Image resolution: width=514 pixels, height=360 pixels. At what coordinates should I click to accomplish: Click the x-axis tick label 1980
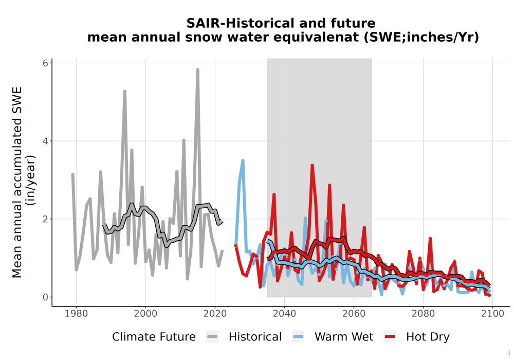click(76, 314)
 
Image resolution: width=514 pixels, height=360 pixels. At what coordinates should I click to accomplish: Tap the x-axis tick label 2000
click(145, 314)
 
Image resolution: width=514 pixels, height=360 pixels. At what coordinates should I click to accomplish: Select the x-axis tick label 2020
click(215, 314)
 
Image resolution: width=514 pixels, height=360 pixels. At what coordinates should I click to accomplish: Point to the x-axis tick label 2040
click(284, 314)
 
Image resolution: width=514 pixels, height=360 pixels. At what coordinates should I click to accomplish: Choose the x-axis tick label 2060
click(354, 314)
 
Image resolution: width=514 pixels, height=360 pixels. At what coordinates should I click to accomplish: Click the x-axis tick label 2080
click(423, 314)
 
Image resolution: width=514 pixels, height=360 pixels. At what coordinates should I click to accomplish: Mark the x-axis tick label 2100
click(492, 314)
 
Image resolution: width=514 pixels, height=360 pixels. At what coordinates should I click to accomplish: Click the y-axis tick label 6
click(46, 63)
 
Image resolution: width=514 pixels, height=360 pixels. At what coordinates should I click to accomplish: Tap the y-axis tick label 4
click(46, 141)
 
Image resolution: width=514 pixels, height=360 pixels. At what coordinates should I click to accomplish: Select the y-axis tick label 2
click(46, 219)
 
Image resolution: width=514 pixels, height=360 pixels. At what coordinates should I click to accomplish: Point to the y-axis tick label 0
click(46, 297)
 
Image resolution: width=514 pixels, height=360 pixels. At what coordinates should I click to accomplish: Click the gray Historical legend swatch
click(212, 337)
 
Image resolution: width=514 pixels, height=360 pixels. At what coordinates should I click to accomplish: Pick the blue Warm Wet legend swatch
click(298, 337)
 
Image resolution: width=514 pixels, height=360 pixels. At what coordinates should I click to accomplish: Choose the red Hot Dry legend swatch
click(390, 337)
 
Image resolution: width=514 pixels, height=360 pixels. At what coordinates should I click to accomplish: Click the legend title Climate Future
click(154, 337)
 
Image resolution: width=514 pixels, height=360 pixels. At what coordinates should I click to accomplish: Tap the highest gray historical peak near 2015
click(198, 69)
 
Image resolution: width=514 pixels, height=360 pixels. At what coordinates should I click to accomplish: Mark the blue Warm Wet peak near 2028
click(243, 160)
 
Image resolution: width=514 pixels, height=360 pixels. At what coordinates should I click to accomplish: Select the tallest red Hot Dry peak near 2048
click(312, 165)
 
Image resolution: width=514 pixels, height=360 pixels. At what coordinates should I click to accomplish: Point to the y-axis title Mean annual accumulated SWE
click(17, 182)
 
